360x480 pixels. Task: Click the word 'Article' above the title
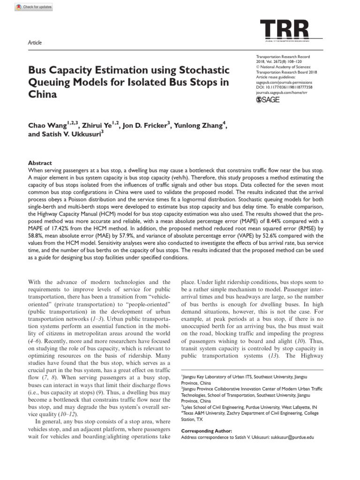(35, 43)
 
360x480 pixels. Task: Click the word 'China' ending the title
(43, 94)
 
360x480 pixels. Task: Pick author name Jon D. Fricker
(143, 126)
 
